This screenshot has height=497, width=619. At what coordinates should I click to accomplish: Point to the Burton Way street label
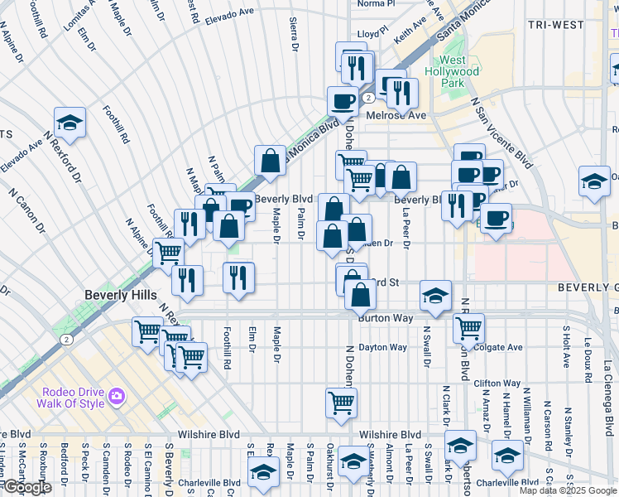385,317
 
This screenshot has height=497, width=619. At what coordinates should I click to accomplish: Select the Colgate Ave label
500,348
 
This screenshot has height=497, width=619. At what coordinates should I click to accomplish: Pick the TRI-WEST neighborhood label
556,25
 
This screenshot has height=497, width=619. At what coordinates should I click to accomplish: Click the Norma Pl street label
377,4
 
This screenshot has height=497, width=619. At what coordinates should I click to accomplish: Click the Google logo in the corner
26,487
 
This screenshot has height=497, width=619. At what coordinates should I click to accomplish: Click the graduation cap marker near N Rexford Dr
70,123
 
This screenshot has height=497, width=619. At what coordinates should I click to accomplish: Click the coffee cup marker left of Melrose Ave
342,102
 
